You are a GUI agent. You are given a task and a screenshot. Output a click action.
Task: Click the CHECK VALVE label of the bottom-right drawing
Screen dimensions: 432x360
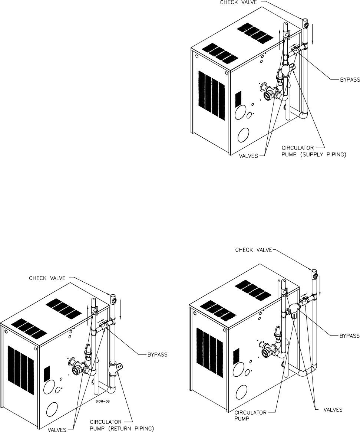pos(254,250)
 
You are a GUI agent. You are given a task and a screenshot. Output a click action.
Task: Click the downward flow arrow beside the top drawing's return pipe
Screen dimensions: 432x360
pos(312,35)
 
